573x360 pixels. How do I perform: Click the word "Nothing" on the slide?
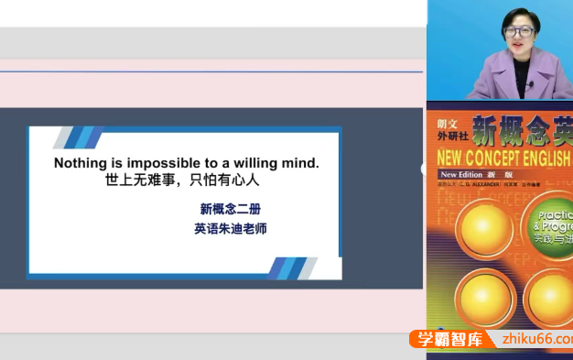[x=80, y=163]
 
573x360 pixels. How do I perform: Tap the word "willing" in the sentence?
[x=257, y=163]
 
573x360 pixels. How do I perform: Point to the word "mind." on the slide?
[x=301, y=163]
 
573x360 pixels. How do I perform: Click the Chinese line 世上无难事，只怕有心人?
[x=183, y=180]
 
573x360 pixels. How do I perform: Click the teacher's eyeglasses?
[x=519, y=32]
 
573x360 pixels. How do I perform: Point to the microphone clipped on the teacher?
[x=530, y=85]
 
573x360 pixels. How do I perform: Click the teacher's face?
[x=519, y=37]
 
